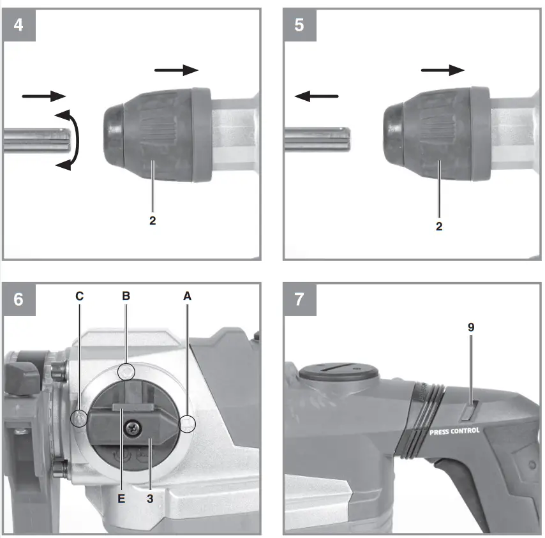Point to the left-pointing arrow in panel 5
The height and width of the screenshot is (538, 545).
pos(317,96)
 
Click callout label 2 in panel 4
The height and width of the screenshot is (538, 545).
pos(153,221)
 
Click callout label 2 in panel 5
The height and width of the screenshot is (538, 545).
pos(439,226)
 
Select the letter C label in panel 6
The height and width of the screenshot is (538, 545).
pos(79,296)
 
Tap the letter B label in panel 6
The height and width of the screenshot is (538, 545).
pos(126,296)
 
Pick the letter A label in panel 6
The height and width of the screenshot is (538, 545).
pos(187,296)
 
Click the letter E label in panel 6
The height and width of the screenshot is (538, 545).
pos(121,498)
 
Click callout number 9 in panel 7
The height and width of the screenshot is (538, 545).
pos(471,327)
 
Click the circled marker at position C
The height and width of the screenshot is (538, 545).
pos(78,418)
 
